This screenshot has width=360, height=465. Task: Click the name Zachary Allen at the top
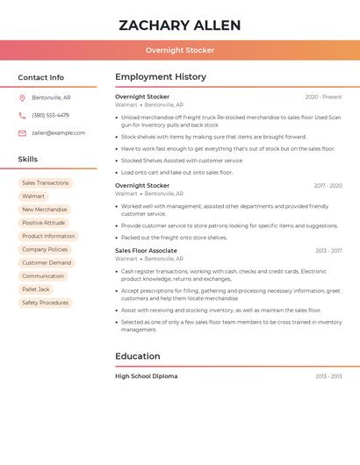click(179, 25)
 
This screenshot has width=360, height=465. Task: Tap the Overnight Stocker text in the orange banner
click(179, 50)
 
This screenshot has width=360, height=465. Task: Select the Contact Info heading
click(41, 77)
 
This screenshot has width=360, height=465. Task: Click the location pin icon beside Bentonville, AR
click(22, 98)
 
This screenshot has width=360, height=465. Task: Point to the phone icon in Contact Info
click(22, 115)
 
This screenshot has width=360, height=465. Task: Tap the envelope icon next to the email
click(22, 133)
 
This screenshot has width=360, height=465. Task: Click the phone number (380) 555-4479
click(50, 115)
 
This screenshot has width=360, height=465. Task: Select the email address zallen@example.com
click(58, 133)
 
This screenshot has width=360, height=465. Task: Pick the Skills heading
click(28, 159)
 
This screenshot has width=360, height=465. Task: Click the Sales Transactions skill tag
click(46, 183)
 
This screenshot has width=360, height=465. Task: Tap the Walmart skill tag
click(33, 197)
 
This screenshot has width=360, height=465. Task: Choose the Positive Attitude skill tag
click(44, 223)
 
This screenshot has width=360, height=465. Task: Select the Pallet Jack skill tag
click(36, 289)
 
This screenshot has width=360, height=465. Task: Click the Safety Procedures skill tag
click(46, 303)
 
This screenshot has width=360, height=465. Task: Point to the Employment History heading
click(161, 77)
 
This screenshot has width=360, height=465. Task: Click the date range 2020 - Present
click(323, 97)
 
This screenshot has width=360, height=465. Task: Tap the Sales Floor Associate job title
click(146, 251)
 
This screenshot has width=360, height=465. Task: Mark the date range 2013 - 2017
click(328, 251)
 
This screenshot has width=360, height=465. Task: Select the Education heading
click(138, 356)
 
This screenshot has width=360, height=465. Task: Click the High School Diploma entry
click(146, 376)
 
